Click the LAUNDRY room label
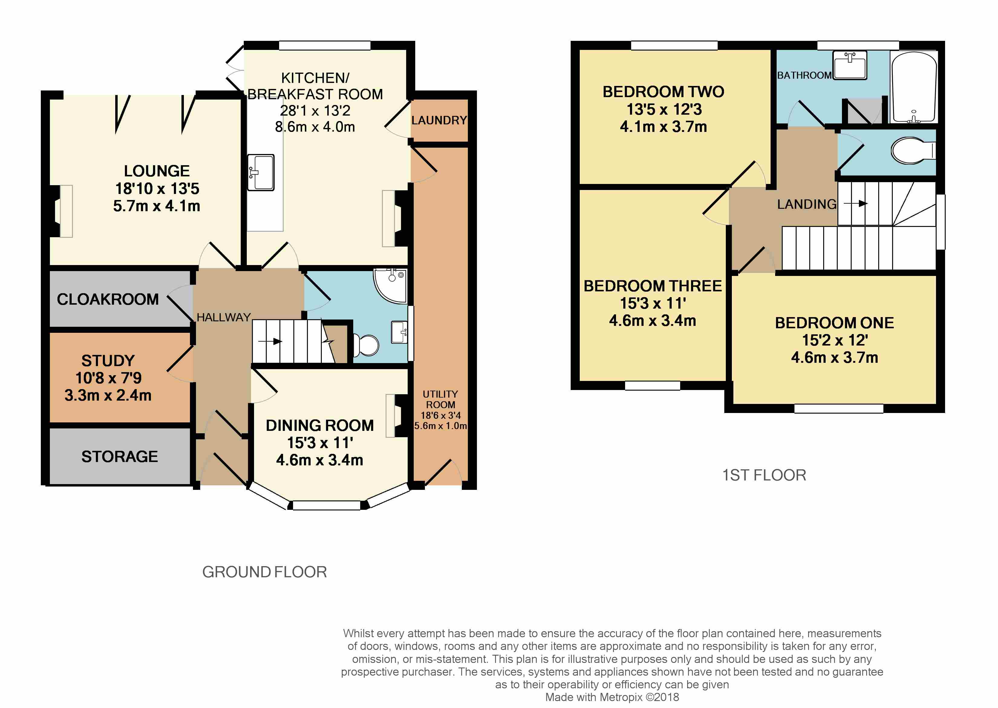click(439, 120)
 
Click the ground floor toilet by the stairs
click(365, 345)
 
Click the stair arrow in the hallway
click(270, 341)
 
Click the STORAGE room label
click(119, 457)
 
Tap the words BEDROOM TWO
click(663, 92)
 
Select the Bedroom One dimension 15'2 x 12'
click(835, 340)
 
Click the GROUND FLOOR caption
click(265, 572)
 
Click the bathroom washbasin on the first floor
click(850, 65)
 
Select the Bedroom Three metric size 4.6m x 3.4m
click(652, 320)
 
